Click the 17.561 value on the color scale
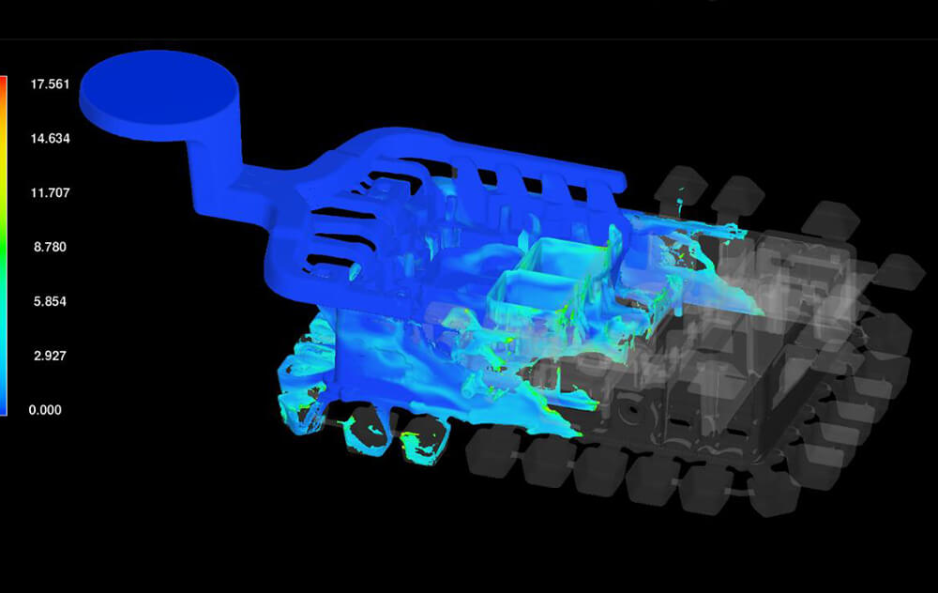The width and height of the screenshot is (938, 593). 51,84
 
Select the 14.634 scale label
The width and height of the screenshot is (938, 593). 51,138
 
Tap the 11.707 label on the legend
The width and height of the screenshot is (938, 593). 51,192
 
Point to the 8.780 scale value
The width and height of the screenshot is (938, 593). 51,247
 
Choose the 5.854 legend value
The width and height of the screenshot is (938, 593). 51,301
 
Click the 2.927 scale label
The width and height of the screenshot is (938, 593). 51,356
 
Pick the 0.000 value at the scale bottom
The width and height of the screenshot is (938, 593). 45,410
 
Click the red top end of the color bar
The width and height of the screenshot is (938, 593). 3,81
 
